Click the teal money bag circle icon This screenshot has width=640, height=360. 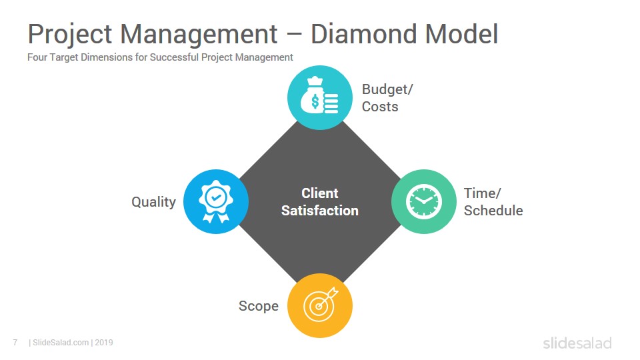click(320, 97)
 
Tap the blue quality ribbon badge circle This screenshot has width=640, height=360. click(216, 201)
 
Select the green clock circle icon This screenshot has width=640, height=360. click(424, 201)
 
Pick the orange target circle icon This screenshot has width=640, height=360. click(320, 306)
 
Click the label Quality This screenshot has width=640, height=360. click(153, 202)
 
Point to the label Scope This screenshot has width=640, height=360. click(259, 306)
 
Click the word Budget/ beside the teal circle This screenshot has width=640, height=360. click(387, 89)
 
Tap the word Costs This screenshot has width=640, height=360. click(380, 107)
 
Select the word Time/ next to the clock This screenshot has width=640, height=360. click(482, 193)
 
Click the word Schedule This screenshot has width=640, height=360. click(493, 211)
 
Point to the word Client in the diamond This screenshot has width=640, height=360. click(320, 193)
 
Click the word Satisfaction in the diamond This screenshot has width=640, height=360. click(320, 211)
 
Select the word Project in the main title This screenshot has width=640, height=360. click(70, 35)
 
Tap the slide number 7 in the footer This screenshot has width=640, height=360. click(15, 343)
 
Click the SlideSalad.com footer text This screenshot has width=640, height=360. click(61, 343)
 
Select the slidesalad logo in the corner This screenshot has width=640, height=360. click(577, 343)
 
